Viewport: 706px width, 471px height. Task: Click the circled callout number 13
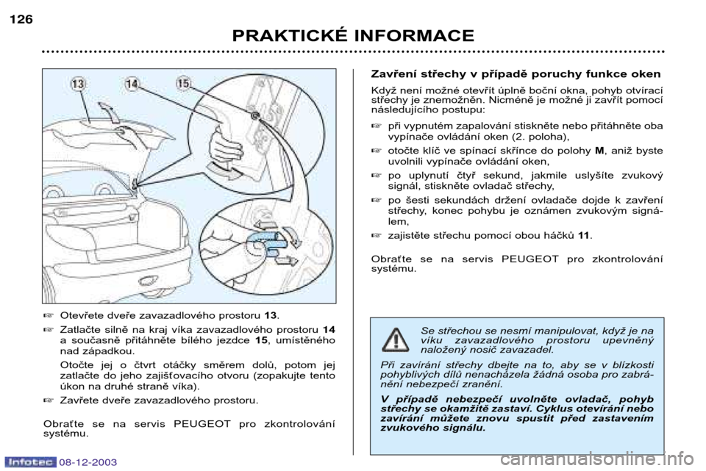point(78,85)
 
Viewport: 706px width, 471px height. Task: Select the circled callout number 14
point(132,85)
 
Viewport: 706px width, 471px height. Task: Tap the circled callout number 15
point(183,85)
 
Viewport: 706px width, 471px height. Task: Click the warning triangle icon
point(396,340)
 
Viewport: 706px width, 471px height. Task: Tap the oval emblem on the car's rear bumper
point(151,281)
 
